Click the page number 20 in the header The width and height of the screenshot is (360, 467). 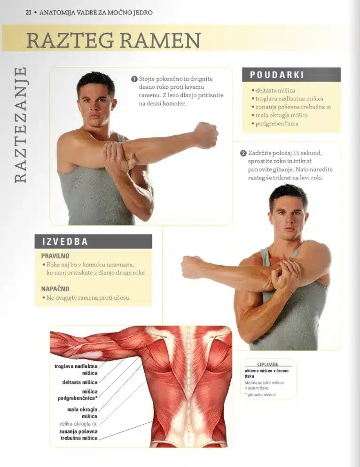coord(29,13)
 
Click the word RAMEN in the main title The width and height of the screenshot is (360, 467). coord(160,40)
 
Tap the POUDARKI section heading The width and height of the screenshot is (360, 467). coord(277,75)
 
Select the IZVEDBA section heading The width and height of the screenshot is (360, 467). coord(65,241)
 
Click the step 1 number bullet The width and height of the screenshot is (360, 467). coord(134,79)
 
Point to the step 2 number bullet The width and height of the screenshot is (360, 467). coord(243,153)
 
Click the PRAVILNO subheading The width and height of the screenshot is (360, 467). coord(55,256)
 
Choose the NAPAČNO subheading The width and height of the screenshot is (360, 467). coord(55,289)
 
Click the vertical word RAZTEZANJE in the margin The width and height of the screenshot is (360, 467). coord(20,125)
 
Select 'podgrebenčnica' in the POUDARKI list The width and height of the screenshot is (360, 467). coord(277,124)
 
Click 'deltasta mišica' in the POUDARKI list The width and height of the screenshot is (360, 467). coord(275,91)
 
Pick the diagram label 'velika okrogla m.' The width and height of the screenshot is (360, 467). coord(78,423)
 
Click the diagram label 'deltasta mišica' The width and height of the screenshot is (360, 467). coord(80,382)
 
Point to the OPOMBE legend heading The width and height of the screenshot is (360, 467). coord(267,364)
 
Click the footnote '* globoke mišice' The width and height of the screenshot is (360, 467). coord(260,395)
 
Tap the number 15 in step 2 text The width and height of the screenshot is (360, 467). coord(296,153)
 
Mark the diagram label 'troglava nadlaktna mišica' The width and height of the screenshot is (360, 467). coord(76,370)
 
